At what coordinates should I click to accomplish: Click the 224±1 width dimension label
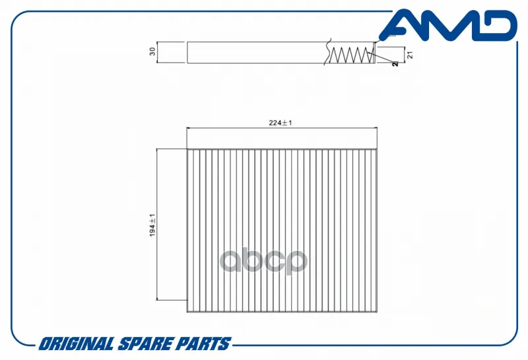click(x=280, y=123)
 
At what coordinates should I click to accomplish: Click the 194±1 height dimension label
click(x=152, y=225)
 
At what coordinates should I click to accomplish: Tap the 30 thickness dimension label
click(x=152, y=52)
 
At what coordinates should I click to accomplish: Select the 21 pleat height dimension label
click(x=410, y=55)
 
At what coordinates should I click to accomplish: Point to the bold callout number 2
click(x=395, y=63)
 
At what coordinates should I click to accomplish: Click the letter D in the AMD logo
click(x=498, y=25)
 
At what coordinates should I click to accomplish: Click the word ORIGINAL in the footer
click(x=76, y=344)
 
